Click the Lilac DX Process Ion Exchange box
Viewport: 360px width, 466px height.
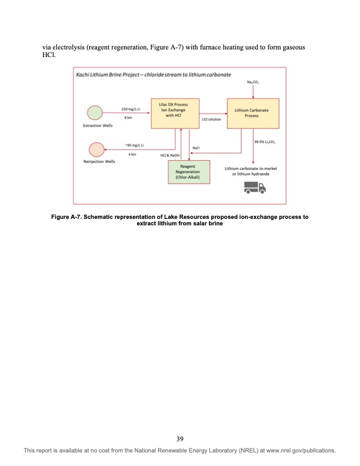click(x=175, y=113)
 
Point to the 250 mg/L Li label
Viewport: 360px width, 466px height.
click(x=130, y=109)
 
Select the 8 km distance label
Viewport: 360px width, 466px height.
click(x=127, y=118)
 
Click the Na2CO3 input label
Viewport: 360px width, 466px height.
click(x=254, y=84)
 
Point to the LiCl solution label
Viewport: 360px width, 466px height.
click(x=211, y=119)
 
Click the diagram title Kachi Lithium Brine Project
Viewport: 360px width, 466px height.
click(x=153, y=75)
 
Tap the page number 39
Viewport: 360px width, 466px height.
click(x=180, y=438)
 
